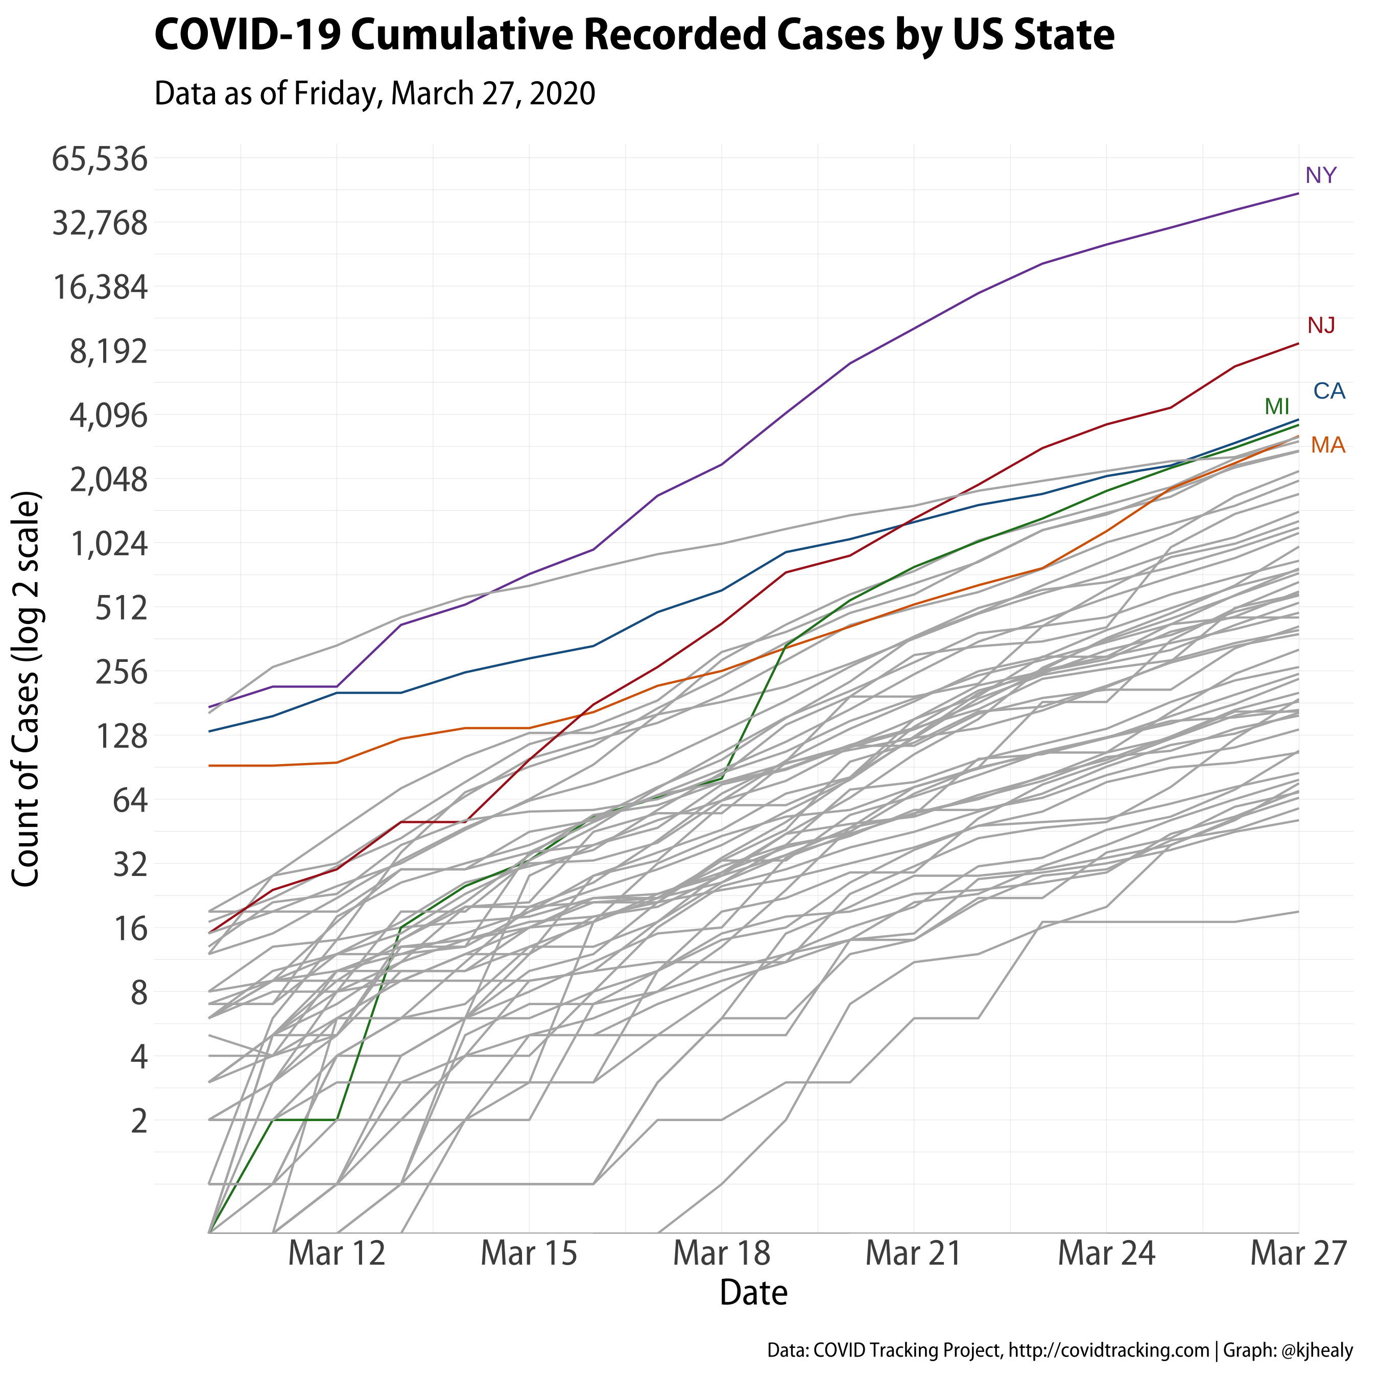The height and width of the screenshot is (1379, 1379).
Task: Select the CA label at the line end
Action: [1329, 391]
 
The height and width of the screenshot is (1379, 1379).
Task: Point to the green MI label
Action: [1277, 407]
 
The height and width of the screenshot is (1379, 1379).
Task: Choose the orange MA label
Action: [1327, 445]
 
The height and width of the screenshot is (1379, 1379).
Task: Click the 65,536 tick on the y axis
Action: [100, 160]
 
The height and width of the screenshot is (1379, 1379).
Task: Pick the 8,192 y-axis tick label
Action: [108, 352]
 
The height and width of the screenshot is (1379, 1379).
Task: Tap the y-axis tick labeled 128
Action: [122, 736]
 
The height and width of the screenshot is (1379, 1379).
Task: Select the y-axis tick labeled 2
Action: [139, 1121]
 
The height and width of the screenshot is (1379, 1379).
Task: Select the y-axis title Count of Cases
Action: [27, 689]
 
